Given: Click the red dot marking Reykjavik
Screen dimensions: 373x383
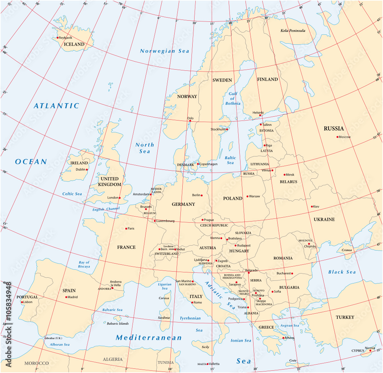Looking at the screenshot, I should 58,37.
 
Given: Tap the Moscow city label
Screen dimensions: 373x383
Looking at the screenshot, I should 344,137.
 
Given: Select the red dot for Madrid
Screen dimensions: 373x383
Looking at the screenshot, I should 66,297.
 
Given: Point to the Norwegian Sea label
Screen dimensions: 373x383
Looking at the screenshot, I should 164,51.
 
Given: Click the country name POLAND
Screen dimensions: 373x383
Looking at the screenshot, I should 232,198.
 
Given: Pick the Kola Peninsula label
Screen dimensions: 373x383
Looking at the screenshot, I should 293,31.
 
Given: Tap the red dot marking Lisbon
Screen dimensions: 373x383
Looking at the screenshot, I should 22,302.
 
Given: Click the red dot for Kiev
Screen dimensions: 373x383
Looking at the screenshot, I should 312,207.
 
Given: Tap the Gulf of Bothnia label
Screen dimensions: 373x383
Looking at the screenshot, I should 232,98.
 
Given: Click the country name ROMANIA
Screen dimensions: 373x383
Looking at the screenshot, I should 283,258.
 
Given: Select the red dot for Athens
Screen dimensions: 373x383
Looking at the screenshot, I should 283,338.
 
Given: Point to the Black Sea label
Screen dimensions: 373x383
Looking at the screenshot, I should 342,272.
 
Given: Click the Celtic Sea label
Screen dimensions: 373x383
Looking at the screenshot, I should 72,194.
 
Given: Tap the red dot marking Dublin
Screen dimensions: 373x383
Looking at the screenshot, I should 87,169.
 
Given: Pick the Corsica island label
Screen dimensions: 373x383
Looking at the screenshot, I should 164,298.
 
